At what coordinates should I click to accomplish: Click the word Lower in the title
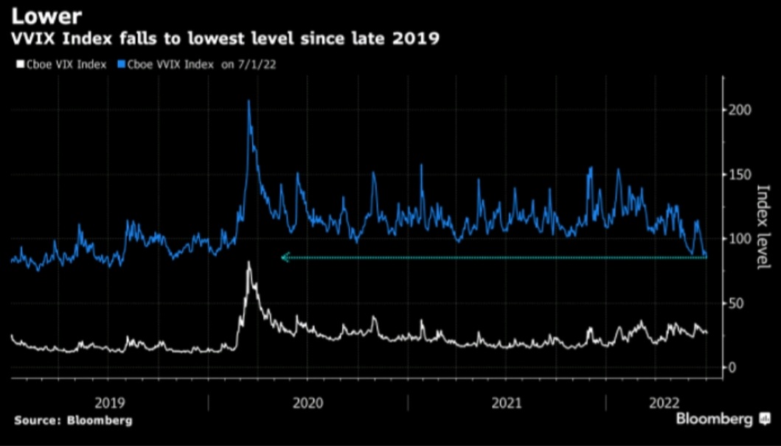(41, 14)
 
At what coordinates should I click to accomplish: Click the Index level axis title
(764, 227)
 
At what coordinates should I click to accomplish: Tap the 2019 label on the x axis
(109, 403)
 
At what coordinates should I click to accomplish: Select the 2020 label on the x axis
(308, 403)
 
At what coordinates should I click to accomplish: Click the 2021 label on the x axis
(506, 403)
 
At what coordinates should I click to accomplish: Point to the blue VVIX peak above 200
(249, 102)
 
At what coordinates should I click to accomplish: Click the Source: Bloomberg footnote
(73, 420)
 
